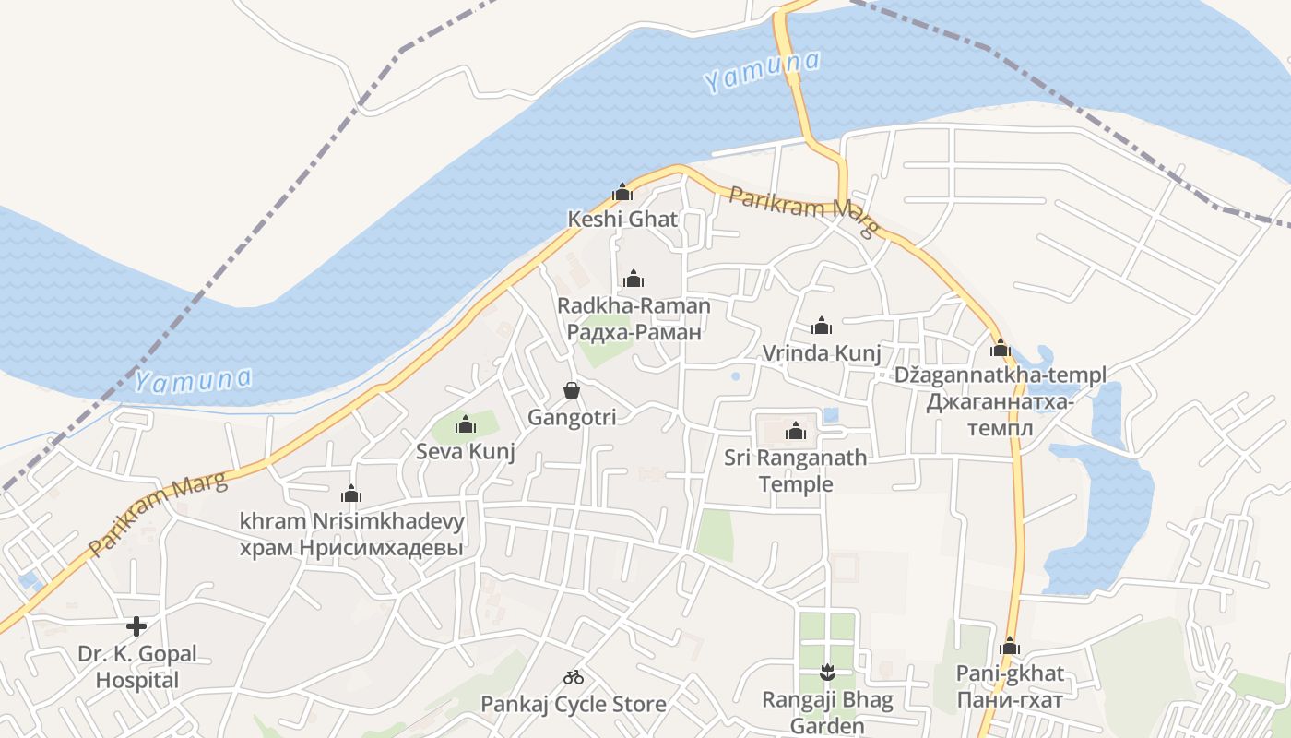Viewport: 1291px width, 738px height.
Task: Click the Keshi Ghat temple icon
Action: click(622, 193)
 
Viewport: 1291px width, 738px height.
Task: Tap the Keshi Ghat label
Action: click(622, 220)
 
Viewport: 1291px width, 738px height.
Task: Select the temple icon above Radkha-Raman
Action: click(634, 279)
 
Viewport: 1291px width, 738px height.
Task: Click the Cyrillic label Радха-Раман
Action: click(634, 332)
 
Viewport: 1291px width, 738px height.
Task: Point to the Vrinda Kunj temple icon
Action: click(821, 326)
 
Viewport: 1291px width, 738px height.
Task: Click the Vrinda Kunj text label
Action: click(821, 353)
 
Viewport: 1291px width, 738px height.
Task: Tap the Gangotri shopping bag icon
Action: click(572, 390)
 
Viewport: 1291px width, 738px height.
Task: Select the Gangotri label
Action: click(572, 417)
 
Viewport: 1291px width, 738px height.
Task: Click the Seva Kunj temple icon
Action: click(466, 424)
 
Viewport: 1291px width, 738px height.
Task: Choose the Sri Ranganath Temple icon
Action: click(795, 431)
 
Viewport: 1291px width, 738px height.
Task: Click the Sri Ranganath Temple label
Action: click(795, 470)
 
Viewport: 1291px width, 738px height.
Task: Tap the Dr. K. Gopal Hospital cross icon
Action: click(136, 626)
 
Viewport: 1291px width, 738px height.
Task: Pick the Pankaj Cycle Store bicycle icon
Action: click(574, 677)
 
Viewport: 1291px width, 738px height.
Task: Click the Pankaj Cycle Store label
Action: click(574, 705)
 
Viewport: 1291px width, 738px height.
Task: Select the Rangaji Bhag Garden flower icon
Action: click(827, 673)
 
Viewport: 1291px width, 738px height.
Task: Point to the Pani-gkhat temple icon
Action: click(1010, 646)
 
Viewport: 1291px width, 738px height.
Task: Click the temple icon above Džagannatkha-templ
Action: click(1001, 349)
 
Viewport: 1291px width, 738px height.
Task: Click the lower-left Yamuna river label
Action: click(194, 380)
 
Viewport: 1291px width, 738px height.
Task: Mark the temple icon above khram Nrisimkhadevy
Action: click(350, 494)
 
